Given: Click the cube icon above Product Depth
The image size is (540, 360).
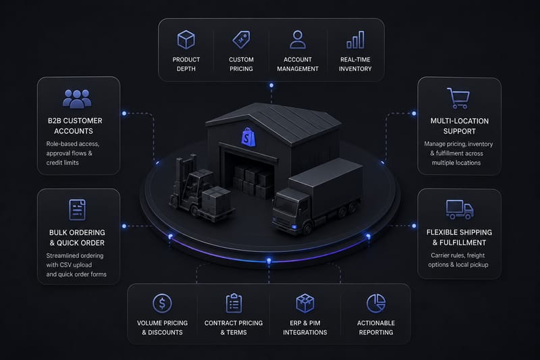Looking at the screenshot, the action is pyautogui.click(x=186, y=40).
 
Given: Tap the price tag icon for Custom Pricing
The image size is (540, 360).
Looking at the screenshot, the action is pyautogui.click(x=242, y=40).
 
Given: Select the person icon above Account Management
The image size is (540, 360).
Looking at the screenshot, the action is pyautogui.click(x=298, y=40).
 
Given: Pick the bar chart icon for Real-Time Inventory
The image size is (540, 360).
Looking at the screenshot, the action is pyautogui.click(x=356, y=40).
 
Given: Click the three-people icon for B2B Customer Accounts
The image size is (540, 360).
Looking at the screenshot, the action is pyautogui.click(x=77, y=99).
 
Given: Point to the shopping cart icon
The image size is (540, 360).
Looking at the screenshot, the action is pyautogui.click(x=458, y=98).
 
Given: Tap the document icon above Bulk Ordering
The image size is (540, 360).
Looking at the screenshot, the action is pyautogui.click(x=77, y=209).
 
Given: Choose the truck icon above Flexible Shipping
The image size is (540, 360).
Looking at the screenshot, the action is pyautogui.click(x=460, y=209).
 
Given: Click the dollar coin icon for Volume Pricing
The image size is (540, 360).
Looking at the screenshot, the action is pyautogui.click(x=162, y=303).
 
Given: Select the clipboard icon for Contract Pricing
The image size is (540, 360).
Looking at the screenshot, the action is pyautogui.click(x=234, y=303).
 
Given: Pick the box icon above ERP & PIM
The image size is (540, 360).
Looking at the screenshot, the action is pyautogui.click(x=305, y=303).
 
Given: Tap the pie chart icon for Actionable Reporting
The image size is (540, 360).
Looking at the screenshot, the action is pyautogui.click(x=376, y=303).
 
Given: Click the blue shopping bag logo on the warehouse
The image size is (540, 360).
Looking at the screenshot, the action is pyautogui.click(x=248, y=137).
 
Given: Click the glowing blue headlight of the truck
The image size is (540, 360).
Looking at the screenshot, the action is pyautogui.click(x=294, y=226).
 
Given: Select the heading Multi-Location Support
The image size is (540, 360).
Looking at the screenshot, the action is pyautogui.click(x=460, y=126).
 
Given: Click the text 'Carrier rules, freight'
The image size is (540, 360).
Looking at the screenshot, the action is pyautogui.click(x=458, y=255).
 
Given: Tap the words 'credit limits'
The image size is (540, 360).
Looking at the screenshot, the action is pyautogui.click(x=62, y=163).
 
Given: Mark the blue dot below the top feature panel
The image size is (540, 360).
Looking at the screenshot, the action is pyautogui.click(x=271, y=85).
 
